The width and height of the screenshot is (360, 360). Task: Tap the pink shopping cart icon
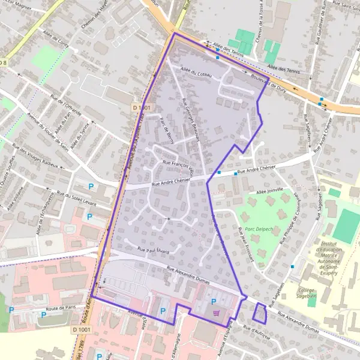[x=217, y=313]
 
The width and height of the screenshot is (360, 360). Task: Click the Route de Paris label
[x=52, y=313]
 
